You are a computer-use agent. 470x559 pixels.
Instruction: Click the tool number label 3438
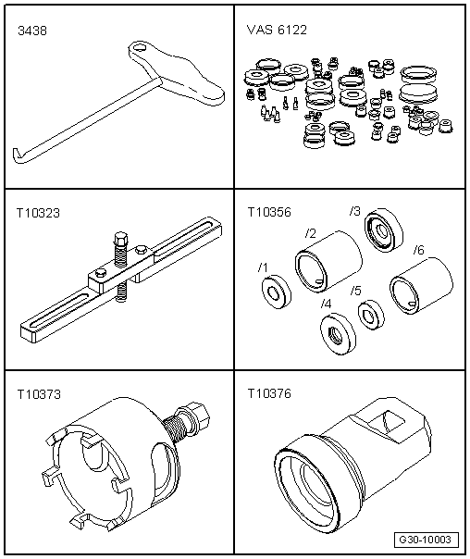point(31,31)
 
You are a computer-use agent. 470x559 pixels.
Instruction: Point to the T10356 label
point(268,211)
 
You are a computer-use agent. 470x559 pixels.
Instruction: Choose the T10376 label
point(268,393)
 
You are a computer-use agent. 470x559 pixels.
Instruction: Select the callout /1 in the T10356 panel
point(264,268)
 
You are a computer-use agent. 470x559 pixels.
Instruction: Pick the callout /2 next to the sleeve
point(312,231)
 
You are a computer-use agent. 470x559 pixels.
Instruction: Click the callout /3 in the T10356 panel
point(355,211)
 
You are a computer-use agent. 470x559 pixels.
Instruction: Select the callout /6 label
point(418,250)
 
